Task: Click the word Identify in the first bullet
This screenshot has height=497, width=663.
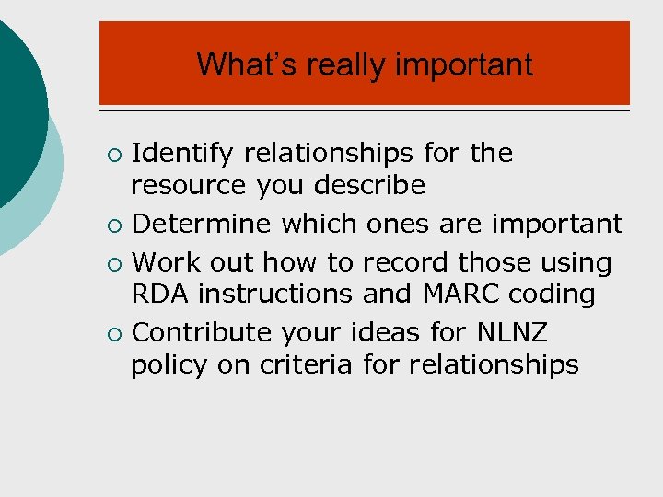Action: tap(182, 153)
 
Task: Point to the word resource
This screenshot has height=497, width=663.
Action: tap(189, 186)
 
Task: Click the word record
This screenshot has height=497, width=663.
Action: tap(406, 262)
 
